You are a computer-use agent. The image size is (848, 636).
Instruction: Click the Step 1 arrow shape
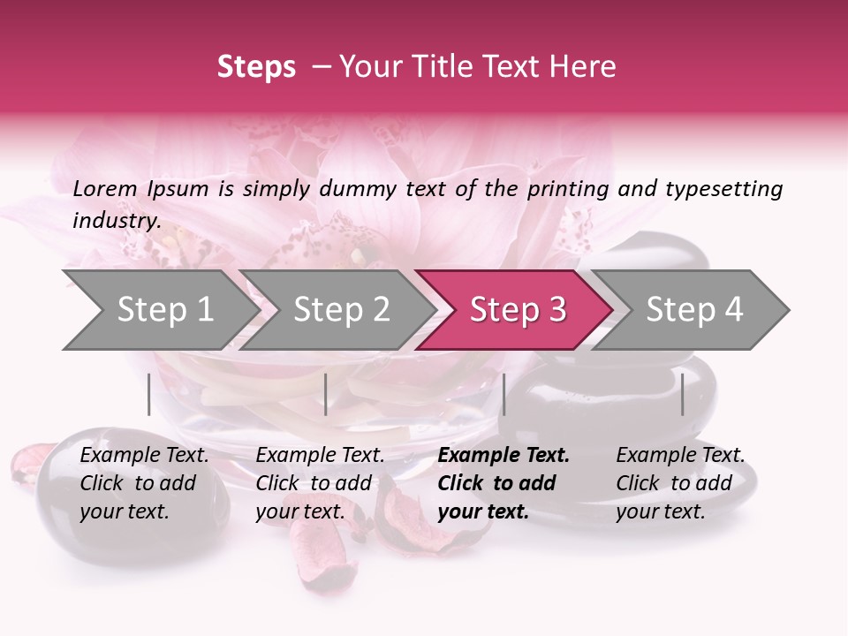[159, 309]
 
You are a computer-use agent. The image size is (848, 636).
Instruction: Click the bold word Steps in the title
[256, 66]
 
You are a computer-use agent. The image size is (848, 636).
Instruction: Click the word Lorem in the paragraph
[104, 188]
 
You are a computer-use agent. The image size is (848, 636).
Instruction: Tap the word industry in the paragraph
[117, 221]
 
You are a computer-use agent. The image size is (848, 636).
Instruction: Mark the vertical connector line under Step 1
[149, 394]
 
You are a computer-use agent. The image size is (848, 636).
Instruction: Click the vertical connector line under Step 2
[326, 394]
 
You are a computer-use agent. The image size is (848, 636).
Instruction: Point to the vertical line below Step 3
[503, 394]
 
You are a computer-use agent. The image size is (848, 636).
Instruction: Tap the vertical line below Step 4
[682, 394]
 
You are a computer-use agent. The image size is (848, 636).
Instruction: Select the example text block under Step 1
[144, 483]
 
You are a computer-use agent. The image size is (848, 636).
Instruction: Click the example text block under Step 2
[320, 483]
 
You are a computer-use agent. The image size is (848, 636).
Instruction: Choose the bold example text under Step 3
[503, 483]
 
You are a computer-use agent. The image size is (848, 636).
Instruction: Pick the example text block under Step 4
[680, 483]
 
